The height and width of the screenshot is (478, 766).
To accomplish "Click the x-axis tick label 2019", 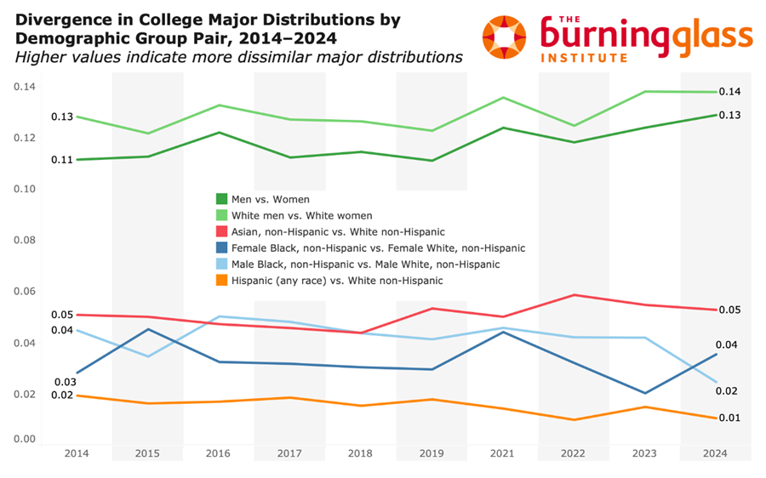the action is (x=432, y=453).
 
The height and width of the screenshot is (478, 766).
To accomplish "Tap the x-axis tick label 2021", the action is (x=502, y=453).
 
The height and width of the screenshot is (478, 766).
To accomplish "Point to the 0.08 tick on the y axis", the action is (x=25, y=240).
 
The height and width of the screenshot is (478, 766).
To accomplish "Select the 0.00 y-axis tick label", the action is (x=25, y=439).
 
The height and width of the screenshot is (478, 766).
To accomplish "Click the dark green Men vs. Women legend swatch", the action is (x=222, y=199).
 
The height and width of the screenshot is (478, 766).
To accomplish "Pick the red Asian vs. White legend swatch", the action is (x=222, y=231).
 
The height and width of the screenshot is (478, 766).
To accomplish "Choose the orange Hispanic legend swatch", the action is (x=222, y=281).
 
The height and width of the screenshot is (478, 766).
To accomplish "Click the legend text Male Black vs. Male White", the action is (x=365, y=265).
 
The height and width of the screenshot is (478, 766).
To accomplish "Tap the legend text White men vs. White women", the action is (x=302, y=216).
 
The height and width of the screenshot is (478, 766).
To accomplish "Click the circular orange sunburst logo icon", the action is (x=504, y=37).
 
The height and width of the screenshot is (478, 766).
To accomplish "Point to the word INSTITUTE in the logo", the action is (x=584, y=59).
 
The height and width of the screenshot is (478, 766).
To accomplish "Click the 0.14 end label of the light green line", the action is (x=730, y=92).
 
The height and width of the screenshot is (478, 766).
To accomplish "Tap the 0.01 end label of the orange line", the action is (x=730, y=418).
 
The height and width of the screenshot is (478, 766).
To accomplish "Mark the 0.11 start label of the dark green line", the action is (x=62, y=160).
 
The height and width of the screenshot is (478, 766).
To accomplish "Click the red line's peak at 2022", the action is (x=574, y=295).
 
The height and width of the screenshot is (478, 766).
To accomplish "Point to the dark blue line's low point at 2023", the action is (x=645, y=393).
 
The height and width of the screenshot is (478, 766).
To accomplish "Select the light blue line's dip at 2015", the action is (x=148, y=356).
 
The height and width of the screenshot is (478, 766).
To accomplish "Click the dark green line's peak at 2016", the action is (x=219, y=133).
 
